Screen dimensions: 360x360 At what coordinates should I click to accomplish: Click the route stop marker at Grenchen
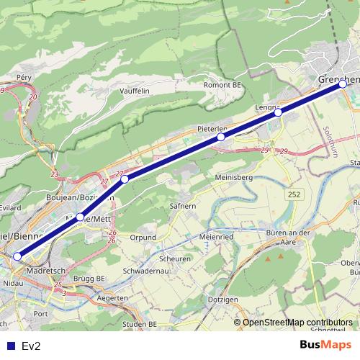tap(343, 84)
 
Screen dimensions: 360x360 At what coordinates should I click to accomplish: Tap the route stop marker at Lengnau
tap(278, 112)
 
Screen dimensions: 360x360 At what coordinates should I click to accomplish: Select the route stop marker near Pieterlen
tap(221, 137)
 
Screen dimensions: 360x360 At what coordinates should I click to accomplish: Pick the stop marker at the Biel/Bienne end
tap(17, 256)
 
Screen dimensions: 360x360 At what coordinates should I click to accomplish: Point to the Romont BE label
tap(222, 85)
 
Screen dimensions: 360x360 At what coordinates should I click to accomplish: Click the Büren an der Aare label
tap(288, 238)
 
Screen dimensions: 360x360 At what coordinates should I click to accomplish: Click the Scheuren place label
tap(176, 259)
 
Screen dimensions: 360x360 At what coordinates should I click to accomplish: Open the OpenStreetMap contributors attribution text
tap(297, 323)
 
